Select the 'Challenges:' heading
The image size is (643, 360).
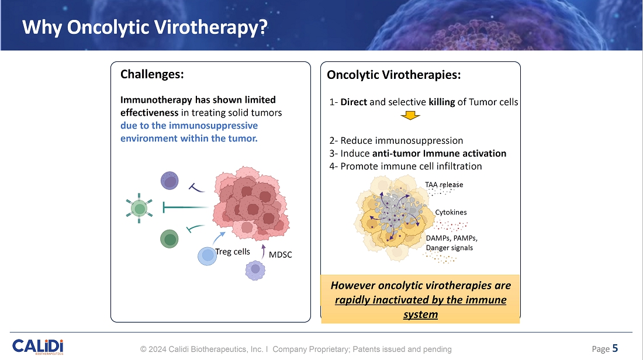[x=152, y=74]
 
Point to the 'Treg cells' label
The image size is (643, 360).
[x=233, y=252]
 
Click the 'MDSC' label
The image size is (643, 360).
[x=280, y=254]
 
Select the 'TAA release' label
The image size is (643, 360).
[x=444, y=185]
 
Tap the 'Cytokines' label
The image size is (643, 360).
[x=451, y=212]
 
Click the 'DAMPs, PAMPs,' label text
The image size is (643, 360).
[x=452, y=238]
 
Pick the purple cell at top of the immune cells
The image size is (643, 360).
[x=170, y=181]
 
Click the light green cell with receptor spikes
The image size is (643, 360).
[x=139, y=207]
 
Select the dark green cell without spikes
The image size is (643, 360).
[x=170, y=238]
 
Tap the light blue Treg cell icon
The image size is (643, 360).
[x=207, y=256]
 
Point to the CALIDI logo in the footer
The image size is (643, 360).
[x=38, y=347]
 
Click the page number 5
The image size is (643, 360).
[x=615, y=349]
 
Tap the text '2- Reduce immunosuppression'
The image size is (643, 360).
[x=396, y=141]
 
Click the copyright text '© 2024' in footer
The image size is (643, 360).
[x=153, y=349]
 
